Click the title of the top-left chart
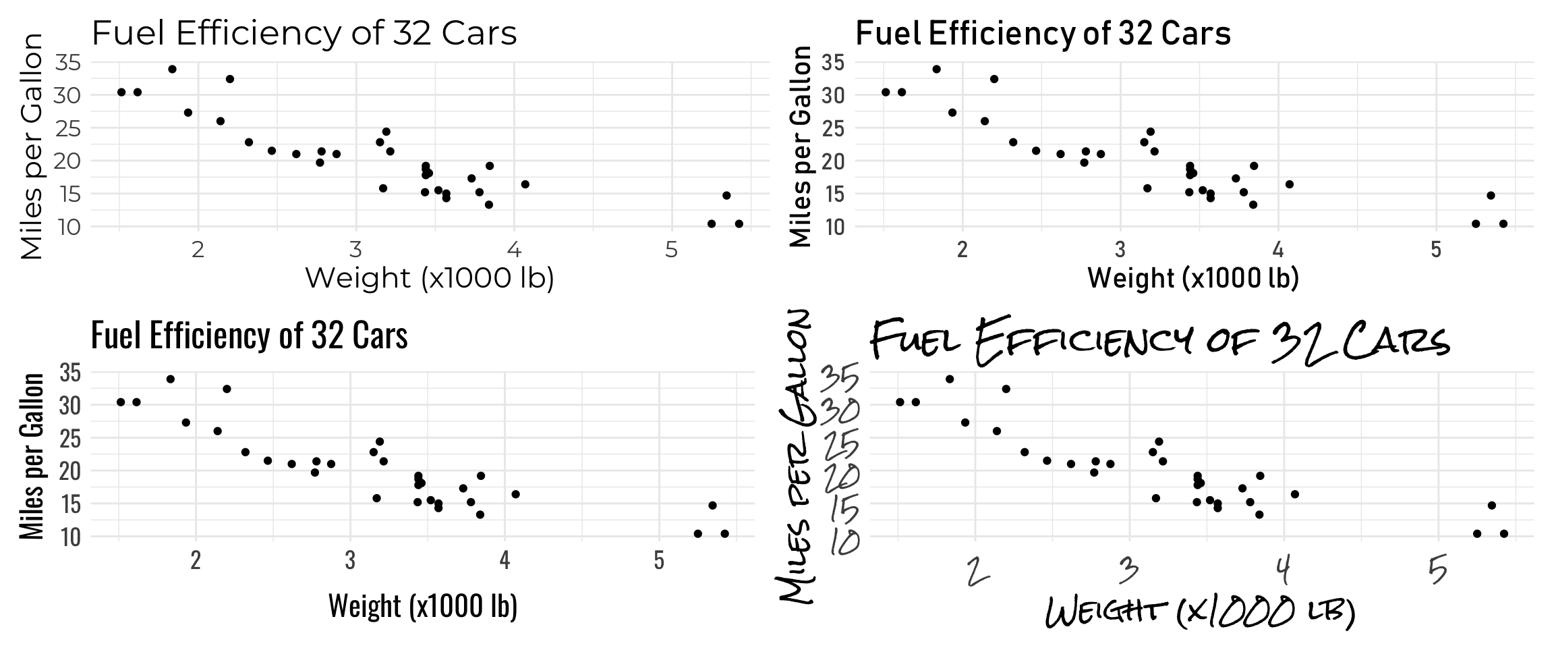(304, 33)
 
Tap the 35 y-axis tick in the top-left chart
(67, 63)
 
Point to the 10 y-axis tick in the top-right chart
(833, 226)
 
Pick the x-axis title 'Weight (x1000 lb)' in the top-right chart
(1193, 278)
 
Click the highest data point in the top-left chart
(172, 69)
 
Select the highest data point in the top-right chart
(936, 69)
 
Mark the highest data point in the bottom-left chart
(170, 379)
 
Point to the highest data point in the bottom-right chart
(949, 379)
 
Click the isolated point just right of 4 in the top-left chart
(525, 184)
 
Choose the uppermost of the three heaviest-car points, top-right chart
(1491, 196)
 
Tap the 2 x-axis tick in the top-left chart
(198, 250)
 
